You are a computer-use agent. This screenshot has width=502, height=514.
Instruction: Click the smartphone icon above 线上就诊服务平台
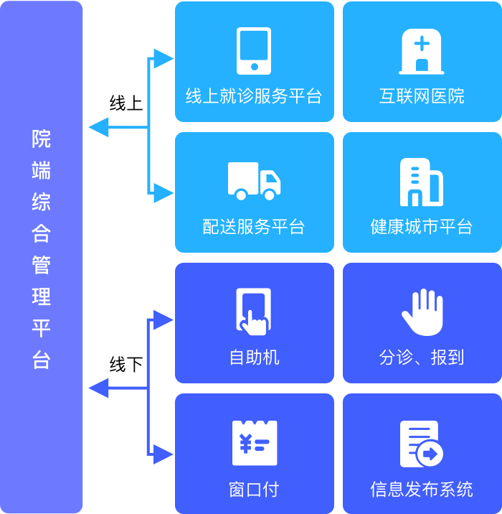[x=254, y=51]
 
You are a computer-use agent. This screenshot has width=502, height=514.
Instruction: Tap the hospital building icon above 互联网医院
[x=422, y=51]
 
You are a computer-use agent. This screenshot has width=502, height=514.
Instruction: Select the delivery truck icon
[x=254, y=181]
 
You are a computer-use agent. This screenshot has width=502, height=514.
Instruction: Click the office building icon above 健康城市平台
[x=421, y=182]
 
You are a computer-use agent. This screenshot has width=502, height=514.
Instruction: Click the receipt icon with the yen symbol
[x=254, y=443]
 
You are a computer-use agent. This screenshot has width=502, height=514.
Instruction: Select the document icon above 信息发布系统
[x=421, y=444]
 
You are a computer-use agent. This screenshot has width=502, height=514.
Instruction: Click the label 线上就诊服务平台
[x=254, y=96]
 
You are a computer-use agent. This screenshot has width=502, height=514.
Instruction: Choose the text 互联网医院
[x=422, y=96]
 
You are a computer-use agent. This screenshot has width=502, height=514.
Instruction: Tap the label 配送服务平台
[x=254, y=227]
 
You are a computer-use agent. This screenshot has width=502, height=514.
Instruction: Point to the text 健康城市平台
[x=422, y=227]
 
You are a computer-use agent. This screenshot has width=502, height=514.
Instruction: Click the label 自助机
[x=254, y=358]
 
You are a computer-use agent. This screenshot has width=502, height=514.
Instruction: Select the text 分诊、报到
[x=422, y=358]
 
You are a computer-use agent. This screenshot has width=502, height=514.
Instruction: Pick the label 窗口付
[x=254, y=490]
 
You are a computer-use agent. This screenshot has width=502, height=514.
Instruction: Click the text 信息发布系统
[x=422, y=490]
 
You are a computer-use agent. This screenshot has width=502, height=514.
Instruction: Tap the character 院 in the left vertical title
[x=42, y=139]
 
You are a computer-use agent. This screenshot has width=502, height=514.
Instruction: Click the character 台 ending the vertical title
[x=42, y=360]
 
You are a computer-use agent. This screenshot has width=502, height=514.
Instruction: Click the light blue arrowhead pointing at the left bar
[x=97, y=128]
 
